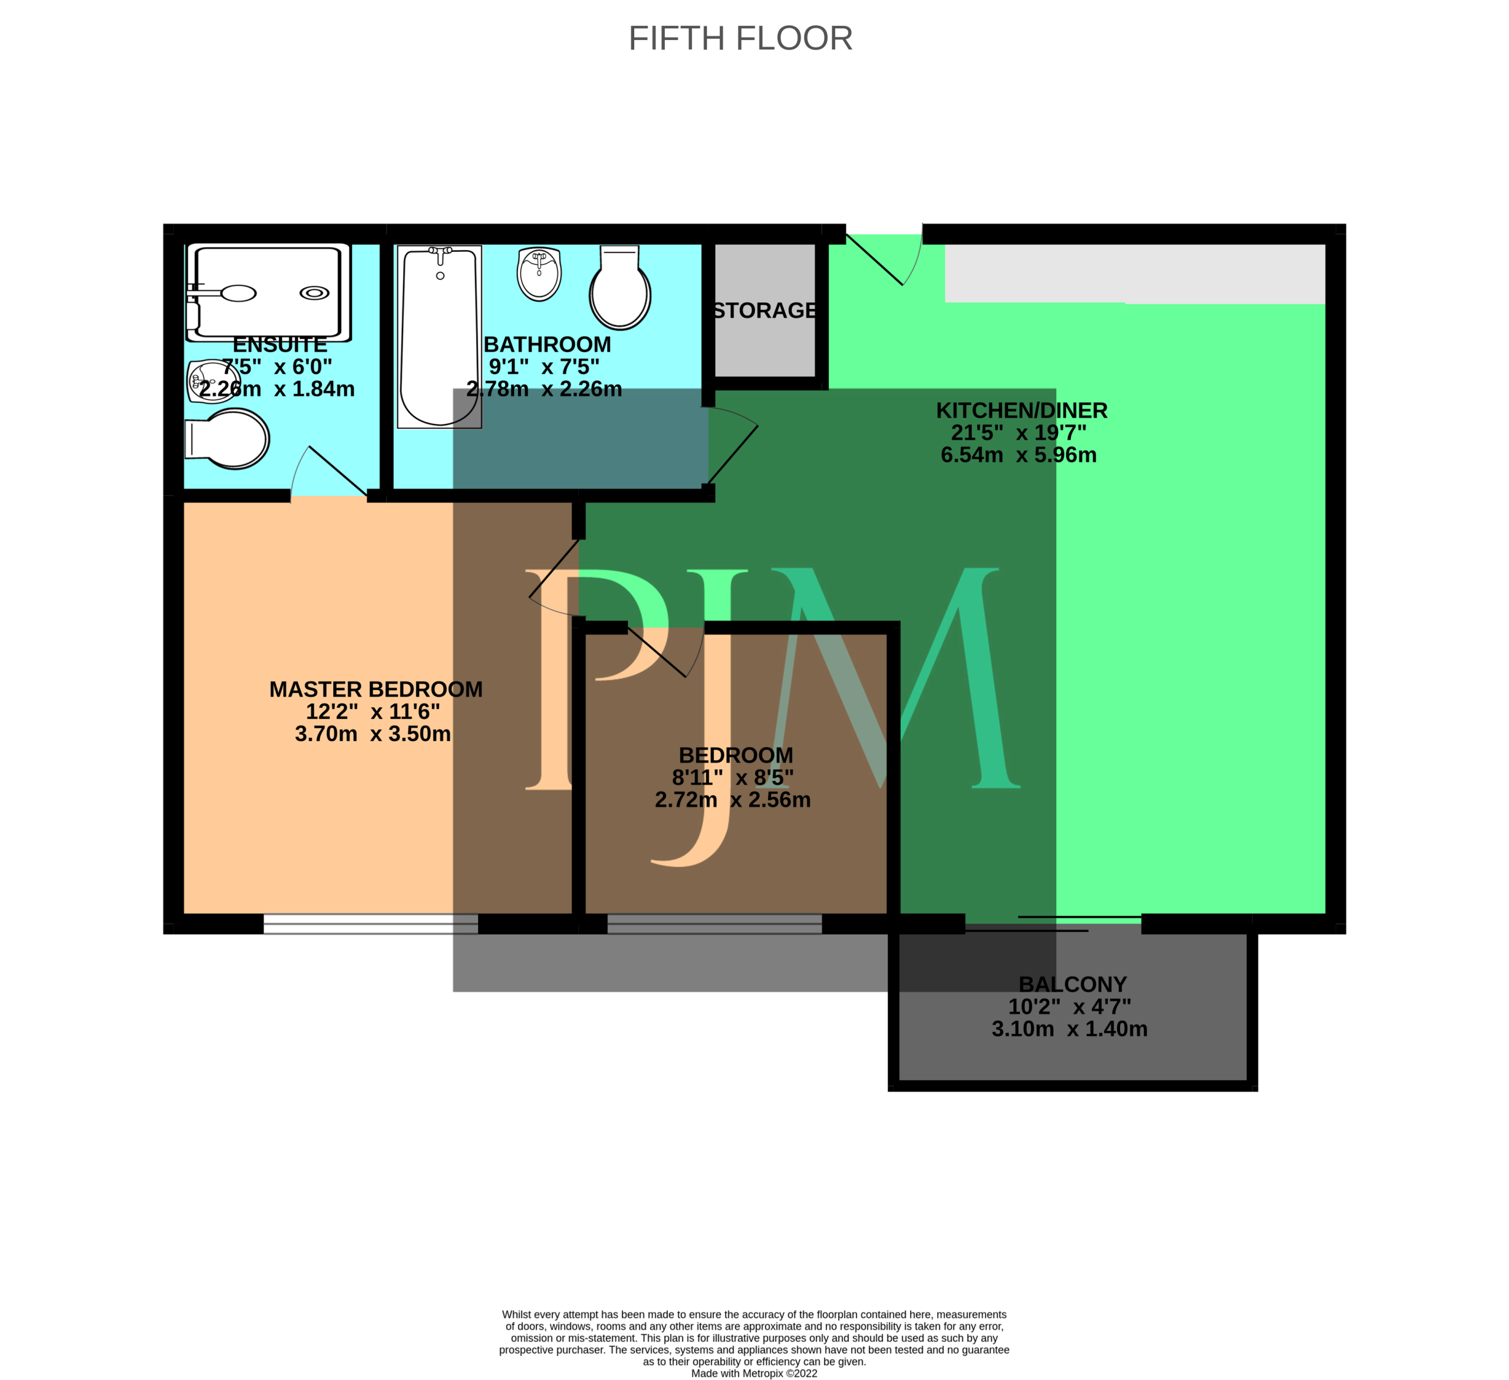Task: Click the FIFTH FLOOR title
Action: pos(740,38)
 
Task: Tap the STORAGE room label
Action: pos(765,310)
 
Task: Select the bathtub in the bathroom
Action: pos(439,337)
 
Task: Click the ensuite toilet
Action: pos(228,439)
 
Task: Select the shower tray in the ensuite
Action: pos(269,292)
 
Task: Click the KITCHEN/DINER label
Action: pos(1022,410)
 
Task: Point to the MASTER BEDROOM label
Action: pos(375,689)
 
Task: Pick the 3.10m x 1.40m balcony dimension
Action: pos(1070,1029)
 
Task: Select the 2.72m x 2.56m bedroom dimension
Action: pos(733,800)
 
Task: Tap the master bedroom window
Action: pos(371,924)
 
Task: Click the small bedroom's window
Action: pos(715,924)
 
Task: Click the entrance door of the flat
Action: pos(883,255)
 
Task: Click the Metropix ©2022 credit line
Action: pos(754,1374)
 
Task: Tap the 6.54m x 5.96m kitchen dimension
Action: pos(1019,455)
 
